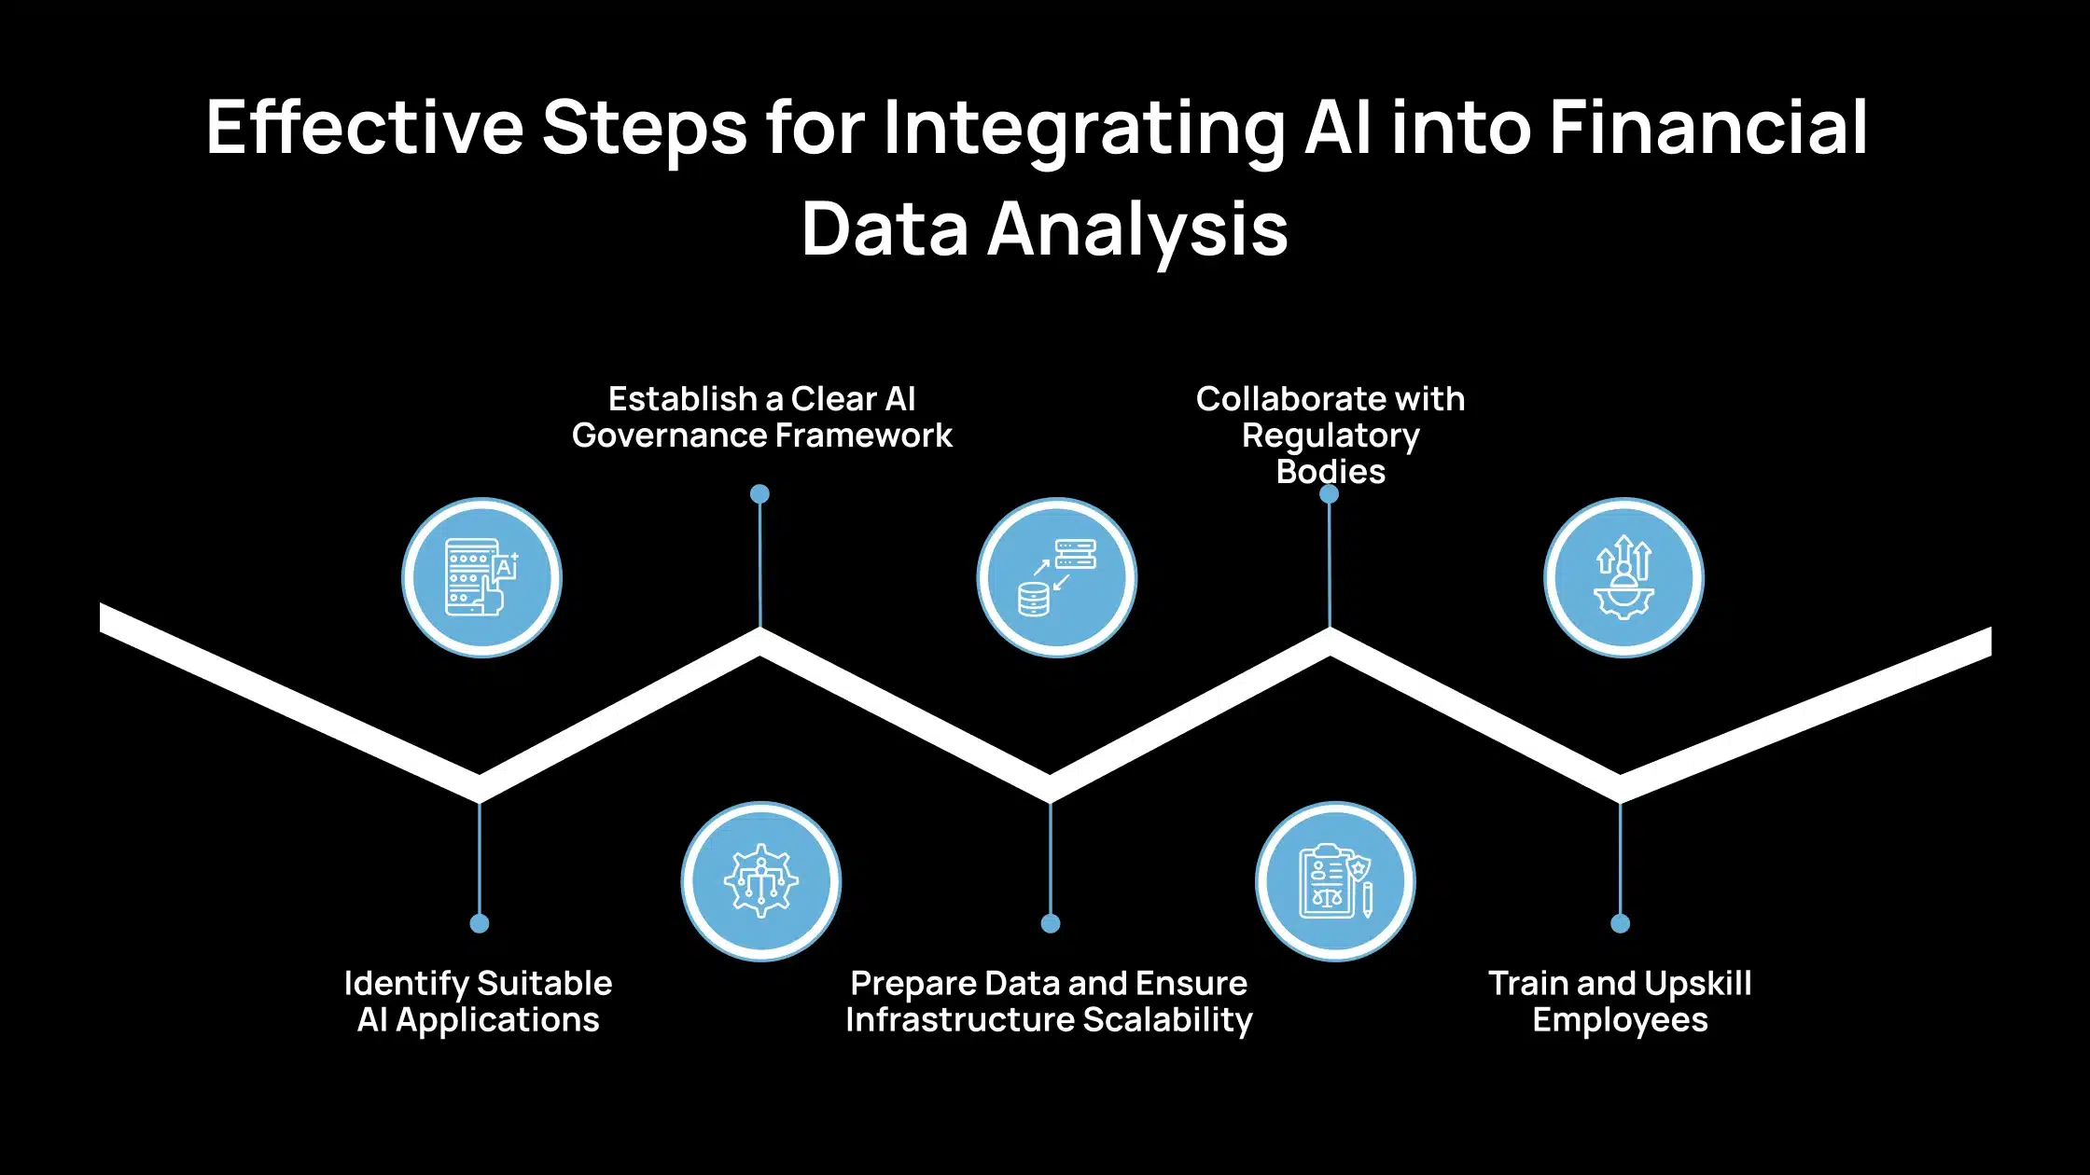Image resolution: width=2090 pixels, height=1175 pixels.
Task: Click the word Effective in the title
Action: tap(364, 128)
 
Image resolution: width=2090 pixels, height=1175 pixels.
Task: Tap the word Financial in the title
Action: tap(1708, 128)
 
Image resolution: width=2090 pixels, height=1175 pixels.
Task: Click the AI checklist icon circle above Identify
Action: tap(481, 578)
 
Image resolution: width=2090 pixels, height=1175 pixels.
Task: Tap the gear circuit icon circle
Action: tap(760, 881)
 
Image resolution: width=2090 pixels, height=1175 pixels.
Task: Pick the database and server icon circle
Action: tap(1056, 578)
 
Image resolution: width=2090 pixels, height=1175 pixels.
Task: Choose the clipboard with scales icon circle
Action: tap(1335, 881)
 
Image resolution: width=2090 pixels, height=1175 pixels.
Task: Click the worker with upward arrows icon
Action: tap(1623, 578)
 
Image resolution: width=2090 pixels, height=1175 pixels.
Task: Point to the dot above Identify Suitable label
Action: tap(480, 923)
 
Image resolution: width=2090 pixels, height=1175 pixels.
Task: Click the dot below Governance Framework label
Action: tap(760, 494)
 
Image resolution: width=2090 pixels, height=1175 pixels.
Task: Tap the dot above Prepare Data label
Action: tap(1051, 923)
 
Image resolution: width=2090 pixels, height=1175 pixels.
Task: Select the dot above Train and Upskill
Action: tap(1621, 923)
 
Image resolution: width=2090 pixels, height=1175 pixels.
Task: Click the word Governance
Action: tap(668, 435)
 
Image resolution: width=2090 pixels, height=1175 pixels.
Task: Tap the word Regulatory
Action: tap(1331, 435)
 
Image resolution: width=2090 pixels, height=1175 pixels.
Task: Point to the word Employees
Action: tap(1620, 1020)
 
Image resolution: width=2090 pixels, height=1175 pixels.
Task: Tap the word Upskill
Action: tap(1697, 984)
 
